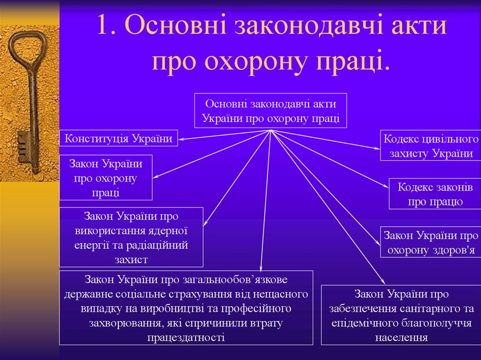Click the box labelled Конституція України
point(119,138)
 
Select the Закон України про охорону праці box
point(106,177)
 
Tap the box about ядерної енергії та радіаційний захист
point(131,237)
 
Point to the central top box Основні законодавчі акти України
point(271,110)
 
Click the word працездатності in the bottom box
point(186,337)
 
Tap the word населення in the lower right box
point(402,337)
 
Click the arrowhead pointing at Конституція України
point(181,139)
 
